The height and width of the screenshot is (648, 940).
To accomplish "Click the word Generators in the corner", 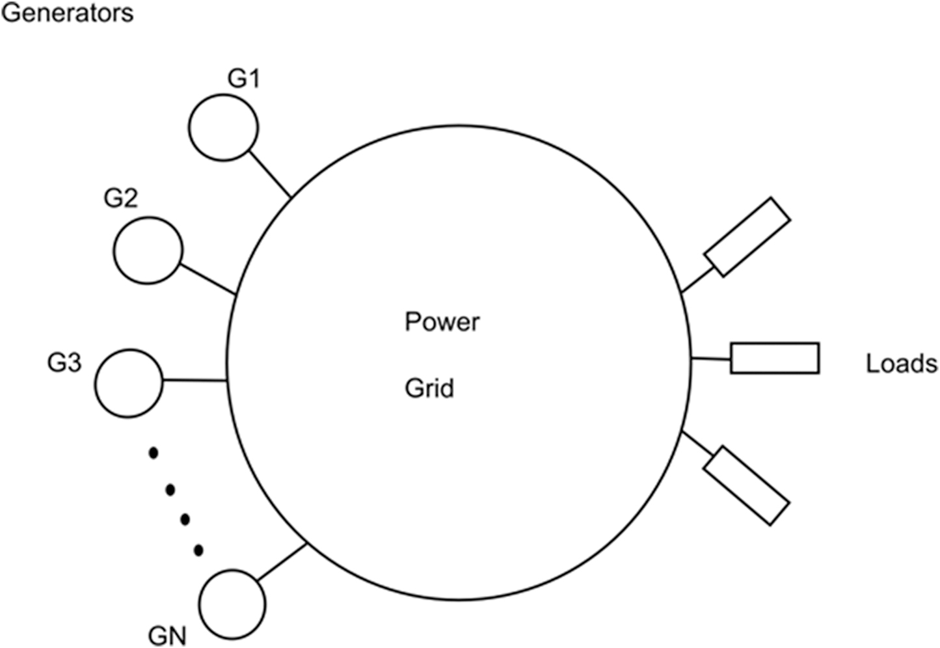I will (x=67, y=12).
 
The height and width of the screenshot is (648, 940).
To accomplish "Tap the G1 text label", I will (x=243, y=79).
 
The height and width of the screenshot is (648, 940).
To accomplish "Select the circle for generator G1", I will (x=223, y=128).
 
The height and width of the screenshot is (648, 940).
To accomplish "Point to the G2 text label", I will (x=121, y=198).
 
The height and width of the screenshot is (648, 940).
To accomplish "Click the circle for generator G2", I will (x=148, y=250).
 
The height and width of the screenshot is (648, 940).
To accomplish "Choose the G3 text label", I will (x=64, y=362).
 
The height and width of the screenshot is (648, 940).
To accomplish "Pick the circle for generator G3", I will (x=128, y=383).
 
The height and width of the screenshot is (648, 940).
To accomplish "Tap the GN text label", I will (x=167, y=635).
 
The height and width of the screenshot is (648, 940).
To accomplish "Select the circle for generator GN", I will (x=232, y=604).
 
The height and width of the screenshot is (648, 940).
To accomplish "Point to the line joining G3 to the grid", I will (x=194, y=381).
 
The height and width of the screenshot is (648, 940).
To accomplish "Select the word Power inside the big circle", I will (x=442, y=322).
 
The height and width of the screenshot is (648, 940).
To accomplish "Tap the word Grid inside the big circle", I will (x=429, y=388).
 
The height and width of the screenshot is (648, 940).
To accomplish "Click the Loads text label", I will (x=901, y=363).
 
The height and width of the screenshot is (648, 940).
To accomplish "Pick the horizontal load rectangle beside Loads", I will (x=774, y=358).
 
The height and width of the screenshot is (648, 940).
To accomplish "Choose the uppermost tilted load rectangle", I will (x=747, y=237).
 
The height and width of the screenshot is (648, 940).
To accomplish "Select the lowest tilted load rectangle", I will (x=746, y=485).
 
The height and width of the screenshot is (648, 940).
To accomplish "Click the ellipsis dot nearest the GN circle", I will (x=198, y=550).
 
